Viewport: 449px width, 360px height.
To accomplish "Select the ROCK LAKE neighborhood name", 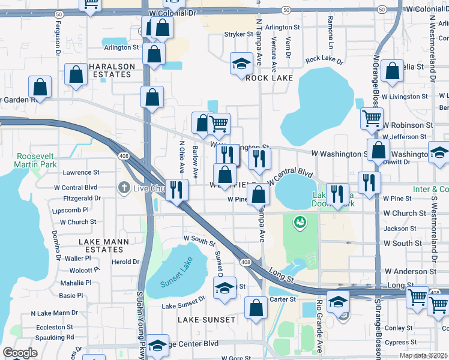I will (269, 78).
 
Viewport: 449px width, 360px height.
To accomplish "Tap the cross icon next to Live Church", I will (124, 188).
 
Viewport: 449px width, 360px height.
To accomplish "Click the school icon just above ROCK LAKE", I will (241, 64).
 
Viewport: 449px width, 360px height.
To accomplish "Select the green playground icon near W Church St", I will (299, 223).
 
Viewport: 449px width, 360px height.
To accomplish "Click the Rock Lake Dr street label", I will (324, 61).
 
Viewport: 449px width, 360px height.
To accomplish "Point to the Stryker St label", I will (238, 34).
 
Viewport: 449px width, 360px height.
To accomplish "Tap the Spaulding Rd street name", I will (55, 337).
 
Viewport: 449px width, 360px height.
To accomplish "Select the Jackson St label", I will (400, 229).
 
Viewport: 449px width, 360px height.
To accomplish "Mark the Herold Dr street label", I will (125, 262).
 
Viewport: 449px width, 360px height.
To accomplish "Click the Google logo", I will (20, 353).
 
